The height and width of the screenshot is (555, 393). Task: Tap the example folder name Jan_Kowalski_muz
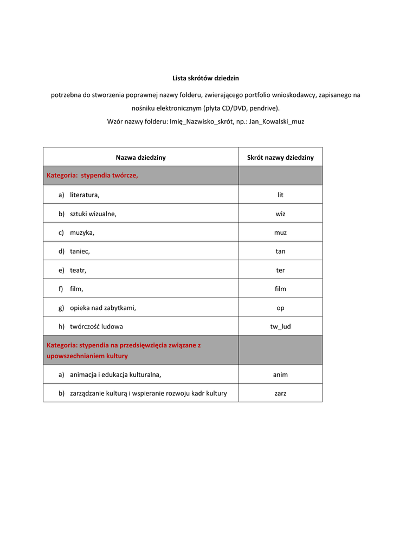(x=276, y=121)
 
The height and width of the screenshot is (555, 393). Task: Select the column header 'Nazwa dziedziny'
(x=140, y=158)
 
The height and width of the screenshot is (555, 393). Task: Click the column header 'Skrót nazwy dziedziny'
(x=280, y=158)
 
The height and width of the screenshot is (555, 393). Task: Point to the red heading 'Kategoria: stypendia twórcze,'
(x=92, y=175)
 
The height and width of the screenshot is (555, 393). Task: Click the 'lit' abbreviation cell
(x=280, y=195)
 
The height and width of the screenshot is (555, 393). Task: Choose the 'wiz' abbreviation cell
(x=280, y=214)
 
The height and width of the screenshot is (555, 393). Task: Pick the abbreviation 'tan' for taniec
(x=280, y=251)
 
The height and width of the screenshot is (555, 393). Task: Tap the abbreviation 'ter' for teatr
(x=280, y=270)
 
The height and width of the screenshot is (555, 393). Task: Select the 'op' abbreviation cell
(x=280, y=308)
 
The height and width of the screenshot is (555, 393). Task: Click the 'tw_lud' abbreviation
(x=280, y=326)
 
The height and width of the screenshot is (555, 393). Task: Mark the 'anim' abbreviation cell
(x=280, y=374)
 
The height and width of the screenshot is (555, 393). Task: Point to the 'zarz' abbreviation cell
(x=280, y=393)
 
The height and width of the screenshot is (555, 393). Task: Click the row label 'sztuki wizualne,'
(x=93, y=214)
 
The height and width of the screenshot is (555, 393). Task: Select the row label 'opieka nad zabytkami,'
(x=103, y=308)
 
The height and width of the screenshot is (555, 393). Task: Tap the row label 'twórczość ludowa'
(x=96, y=326)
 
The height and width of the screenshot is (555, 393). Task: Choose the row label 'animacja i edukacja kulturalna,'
(x=115, y=374)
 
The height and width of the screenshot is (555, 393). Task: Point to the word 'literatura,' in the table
(x=85, y=195)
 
